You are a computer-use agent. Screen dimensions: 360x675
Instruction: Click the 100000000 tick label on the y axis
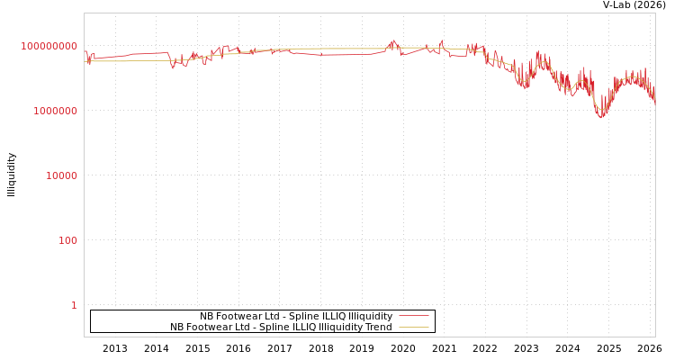point(49,46)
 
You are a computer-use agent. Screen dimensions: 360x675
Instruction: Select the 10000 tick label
point(62,175)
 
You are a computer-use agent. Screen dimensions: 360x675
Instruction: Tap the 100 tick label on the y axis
point(68,240)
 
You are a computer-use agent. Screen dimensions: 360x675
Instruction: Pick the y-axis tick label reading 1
point(74,305)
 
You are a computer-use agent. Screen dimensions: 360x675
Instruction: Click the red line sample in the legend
point(413,316)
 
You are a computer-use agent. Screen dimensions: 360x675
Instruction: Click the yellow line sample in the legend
point(413,327)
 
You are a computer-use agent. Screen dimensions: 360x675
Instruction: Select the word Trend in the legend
point(379,327)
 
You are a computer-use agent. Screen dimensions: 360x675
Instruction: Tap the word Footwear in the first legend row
point(237,316)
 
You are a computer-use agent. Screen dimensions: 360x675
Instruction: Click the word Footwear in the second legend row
point(207,327)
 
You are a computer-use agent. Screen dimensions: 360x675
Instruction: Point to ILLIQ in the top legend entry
point(316,316)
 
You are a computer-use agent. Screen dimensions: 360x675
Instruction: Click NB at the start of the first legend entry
point(206,316)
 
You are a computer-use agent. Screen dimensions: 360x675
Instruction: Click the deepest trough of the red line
point(601,118)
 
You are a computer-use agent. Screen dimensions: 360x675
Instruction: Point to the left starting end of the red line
point(85,51)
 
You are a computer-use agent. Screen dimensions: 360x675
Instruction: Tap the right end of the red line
point(655,104)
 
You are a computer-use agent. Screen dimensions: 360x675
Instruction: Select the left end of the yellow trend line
point(85,61)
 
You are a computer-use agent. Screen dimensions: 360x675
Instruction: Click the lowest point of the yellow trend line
point(601,110)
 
